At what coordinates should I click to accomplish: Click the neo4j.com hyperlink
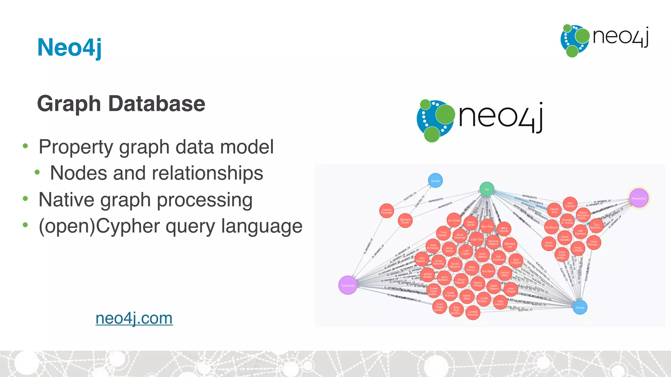coord(134,318)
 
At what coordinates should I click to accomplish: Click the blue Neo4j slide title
coord(69,47)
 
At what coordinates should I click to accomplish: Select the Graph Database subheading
coord(121,104)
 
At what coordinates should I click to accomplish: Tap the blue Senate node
coord(435,181)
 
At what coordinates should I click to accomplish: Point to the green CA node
coord(487,189)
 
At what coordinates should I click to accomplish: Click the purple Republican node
coord(639,198)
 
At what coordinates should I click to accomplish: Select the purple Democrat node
coord(348,285)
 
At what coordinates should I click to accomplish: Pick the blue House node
coord(580,307)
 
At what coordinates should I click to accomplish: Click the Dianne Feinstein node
coord(387,211)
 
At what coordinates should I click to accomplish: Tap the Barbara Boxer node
coord(405,221)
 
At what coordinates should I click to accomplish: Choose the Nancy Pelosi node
coord(478,284)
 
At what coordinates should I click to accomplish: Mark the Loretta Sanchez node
coord(473,313)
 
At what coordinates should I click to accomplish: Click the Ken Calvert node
coord(570,205)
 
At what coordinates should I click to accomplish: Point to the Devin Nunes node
coord(549,244)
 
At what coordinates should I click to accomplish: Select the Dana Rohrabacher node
coord(594,243)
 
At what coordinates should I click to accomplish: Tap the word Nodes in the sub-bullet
coord(79,173)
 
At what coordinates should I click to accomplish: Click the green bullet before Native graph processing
coord(26,198)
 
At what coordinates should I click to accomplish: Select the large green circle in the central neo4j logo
coord(445,115)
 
